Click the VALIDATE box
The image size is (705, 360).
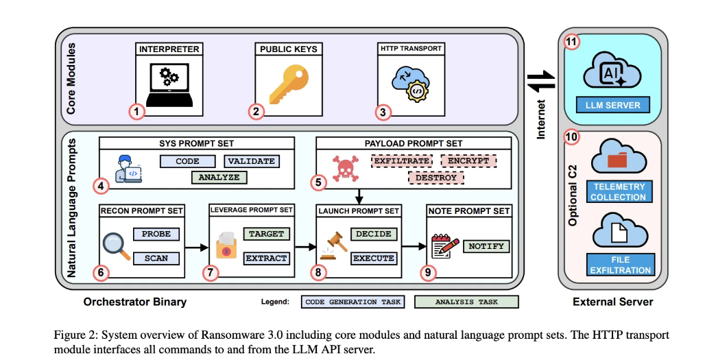coord(252,161)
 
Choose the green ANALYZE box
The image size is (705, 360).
coord(219,178)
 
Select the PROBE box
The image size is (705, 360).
coord(156,234)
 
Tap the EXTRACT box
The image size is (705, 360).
coord(267,259)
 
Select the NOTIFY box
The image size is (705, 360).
coord(487,246)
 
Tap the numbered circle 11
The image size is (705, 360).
coord(571,42)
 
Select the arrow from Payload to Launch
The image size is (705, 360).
coord(358,196)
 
